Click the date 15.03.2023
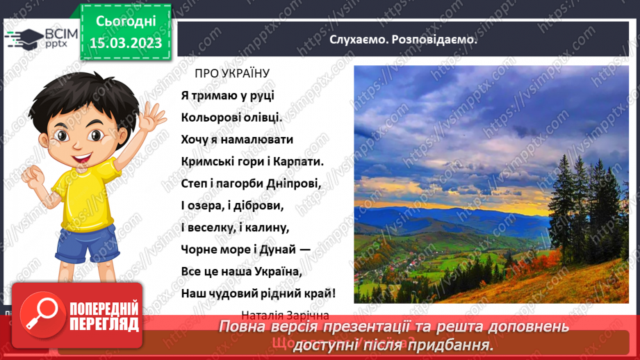point(126,43)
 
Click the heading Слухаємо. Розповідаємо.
point(404,40)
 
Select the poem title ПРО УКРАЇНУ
point(231,73)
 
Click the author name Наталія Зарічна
point(285,314)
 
